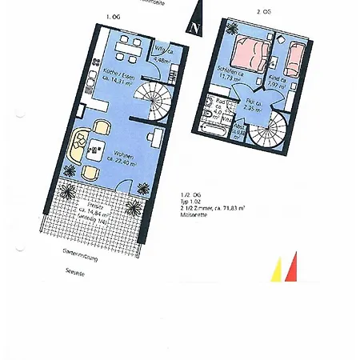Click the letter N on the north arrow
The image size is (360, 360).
pyautogui.click(x=194, y=26)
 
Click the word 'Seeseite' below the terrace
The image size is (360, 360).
pyautogui.click(x=74, y=270)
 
